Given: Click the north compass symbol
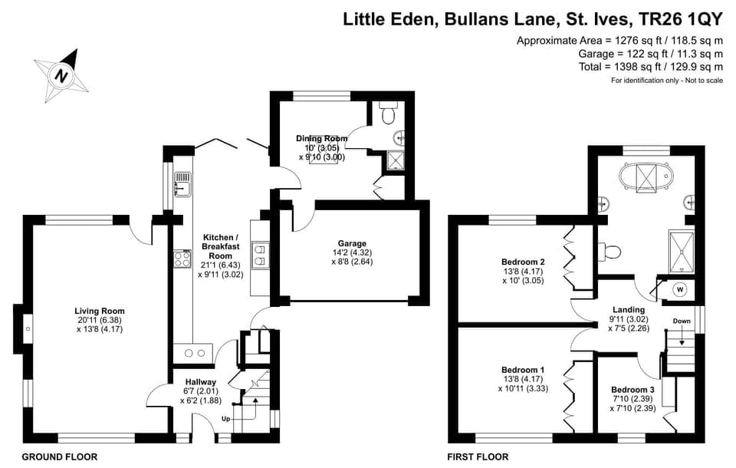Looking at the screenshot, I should tap(60, 75).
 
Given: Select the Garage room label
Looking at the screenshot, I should tap(349, 243).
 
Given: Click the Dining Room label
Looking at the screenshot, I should tap(322, 139).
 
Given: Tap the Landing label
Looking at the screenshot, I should tap(629, 310).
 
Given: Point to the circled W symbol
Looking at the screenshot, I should tap(679, 289).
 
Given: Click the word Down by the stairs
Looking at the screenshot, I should tap(682, 321).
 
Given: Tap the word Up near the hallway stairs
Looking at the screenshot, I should tap(225, 419).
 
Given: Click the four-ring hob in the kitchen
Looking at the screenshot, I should tap(182, 259).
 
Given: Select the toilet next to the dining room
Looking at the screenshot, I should tap(388, 114).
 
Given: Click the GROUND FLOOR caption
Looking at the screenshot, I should tap(60, 457).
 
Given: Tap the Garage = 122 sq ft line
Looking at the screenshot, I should tap(650, 54).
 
